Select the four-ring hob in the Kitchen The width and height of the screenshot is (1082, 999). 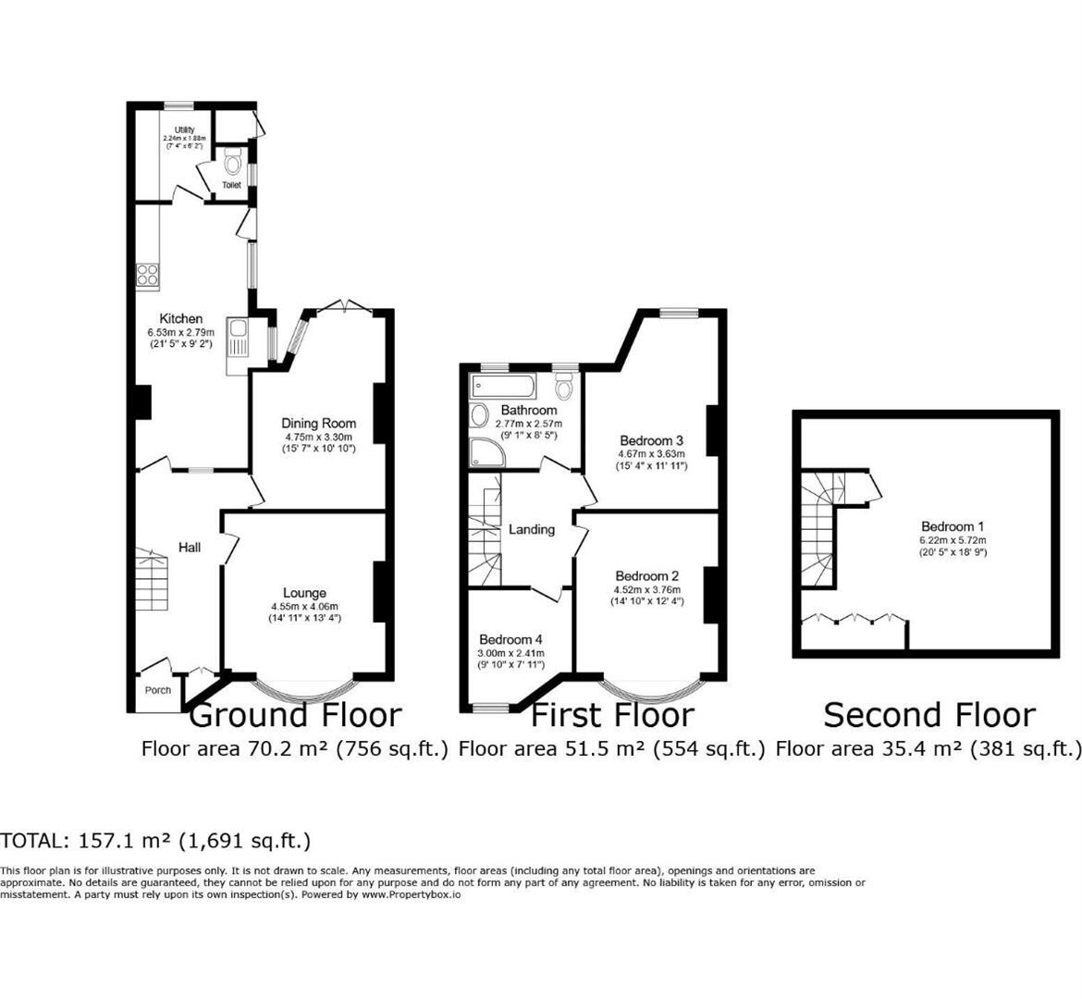[x=148, y=274]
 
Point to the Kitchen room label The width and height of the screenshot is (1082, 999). [x=181, y=319]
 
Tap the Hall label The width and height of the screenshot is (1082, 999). [x=190, y=548]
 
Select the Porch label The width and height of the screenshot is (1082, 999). [x=158, y=690]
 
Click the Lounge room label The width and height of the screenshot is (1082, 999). [x=304, y=593]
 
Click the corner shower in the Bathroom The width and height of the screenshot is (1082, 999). [x=482, y=450]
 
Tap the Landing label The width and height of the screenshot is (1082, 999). [x=532, y=529]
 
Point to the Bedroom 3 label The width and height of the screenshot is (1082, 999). [x=651, y=440]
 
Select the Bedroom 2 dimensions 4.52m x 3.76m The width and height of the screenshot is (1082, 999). [x=646, y=589]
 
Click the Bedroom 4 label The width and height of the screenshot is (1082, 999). [x=511, y=639]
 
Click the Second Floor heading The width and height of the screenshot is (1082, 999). [x=928, y=715]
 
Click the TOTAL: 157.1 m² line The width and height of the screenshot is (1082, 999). [x=155, y=841]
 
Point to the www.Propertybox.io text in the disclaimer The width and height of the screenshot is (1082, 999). [x=412, y=894]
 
